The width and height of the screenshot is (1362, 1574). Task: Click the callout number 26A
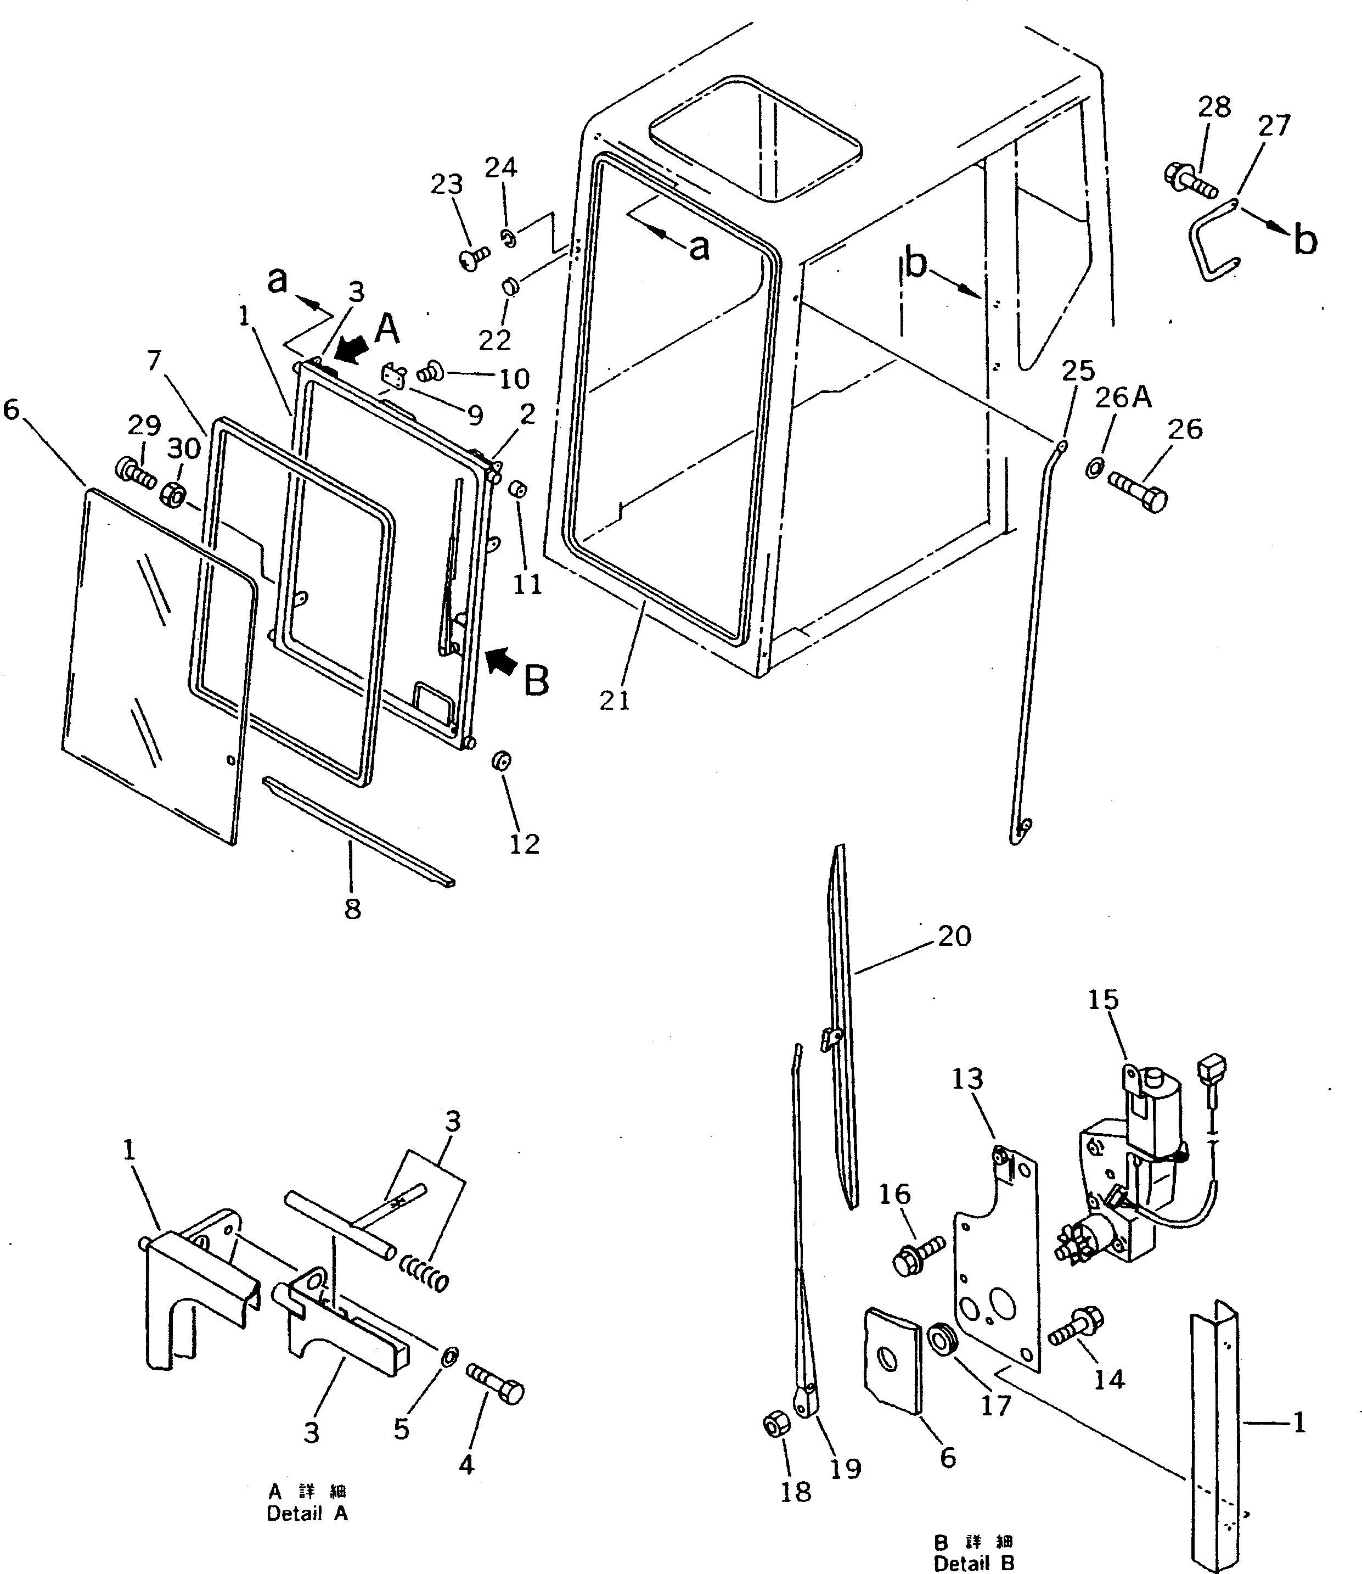coord(1123,397)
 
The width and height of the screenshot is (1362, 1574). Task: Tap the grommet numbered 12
coord(501,760)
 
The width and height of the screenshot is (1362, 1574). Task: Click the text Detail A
coord(307,1513)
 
